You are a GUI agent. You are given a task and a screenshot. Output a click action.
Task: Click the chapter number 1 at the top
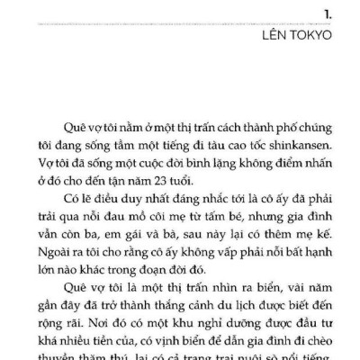pyautogui.click(x=334, y=12)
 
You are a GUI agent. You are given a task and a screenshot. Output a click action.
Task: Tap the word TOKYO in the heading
pyautogui.click(x=318, y=36)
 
